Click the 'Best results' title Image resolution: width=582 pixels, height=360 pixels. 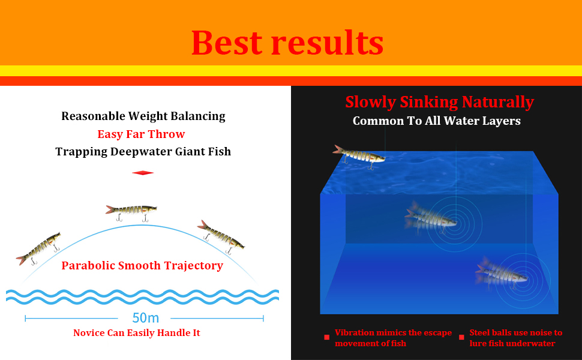(x=287, y=43)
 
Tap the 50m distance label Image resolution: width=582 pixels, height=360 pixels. (x=145, y=318)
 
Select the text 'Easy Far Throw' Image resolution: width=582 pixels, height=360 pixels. (x=141, y=134)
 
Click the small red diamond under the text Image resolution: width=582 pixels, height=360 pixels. (x=143, y=173)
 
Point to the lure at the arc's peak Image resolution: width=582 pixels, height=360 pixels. (x=131, y=212)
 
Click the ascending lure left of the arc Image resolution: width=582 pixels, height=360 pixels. (x=39, y=248)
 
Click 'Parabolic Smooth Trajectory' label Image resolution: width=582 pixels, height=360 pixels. (x=142, y=266)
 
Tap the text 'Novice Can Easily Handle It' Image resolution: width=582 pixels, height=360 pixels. (x=137, y=333)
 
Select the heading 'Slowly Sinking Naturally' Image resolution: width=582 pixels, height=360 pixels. (x=439, y=102)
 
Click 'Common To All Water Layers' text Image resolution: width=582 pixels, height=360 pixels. (x=437, y=121)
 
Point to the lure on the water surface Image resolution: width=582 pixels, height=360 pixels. (x=359, y=156)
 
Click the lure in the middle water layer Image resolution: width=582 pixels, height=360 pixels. (x=431, y=217)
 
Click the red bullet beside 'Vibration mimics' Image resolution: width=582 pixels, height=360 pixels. (x=326, y=337)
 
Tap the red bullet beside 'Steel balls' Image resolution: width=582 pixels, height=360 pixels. (x=461, y=337)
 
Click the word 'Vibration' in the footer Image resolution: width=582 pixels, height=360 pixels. (x=355, y=332)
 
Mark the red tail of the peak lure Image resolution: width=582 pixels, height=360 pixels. (x=109, y=209)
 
